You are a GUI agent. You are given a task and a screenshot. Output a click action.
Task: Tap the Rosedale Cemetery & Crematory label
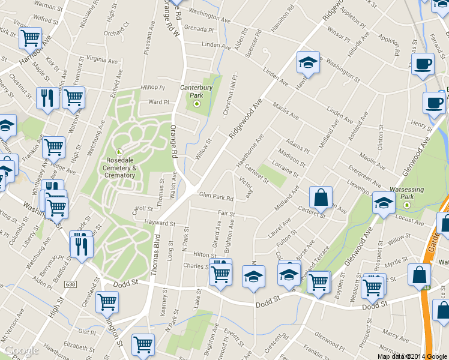click(120, 168)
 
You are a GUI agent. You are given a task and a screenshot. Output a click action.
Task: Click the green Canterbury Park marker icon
click(196, 104)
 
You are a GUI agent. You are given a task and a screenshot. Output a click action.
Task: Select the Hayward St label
click(159, 223)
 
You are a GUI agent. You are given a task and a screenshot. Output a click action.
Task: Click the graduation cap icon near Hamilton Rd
click(307, 62)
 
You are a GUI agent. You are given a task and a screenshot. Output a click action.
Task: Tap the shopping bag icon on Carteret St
click(321, 196)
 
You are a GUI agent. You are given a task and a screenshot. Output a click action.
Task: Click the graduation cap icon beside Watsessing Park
click(384, 202)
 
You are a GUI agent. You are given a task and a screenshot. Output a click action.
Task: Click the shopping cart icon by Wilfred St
click(29, 38)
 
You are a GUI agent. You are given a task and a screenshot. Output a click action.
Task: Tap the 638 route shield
click(71, 284)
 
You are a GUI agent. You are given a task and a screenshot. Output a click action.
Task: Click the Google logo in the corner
click(22, 350)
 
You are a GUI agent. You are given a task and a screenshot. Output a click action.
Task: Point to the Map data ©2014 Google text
click(412, 356)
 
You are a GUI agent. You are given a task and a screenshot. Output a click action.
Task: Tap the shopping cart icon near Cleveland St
click(107, 302)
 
